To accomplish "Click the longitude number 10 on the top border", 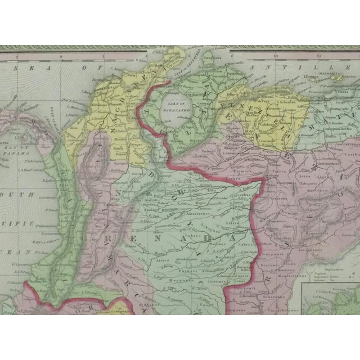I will [x=276, y=56].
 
